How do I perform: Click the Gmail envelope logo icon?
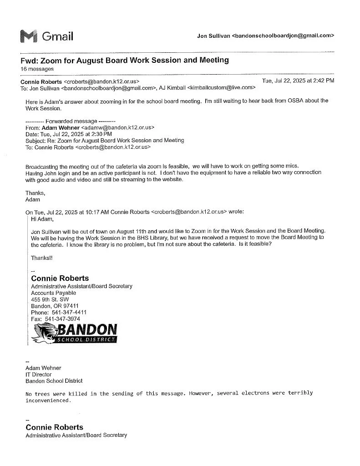29,36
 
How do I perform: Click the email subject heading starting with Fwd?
124,61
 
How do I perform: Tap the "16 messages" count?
37,69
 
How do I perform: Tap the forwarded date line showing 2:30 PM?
68,134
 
